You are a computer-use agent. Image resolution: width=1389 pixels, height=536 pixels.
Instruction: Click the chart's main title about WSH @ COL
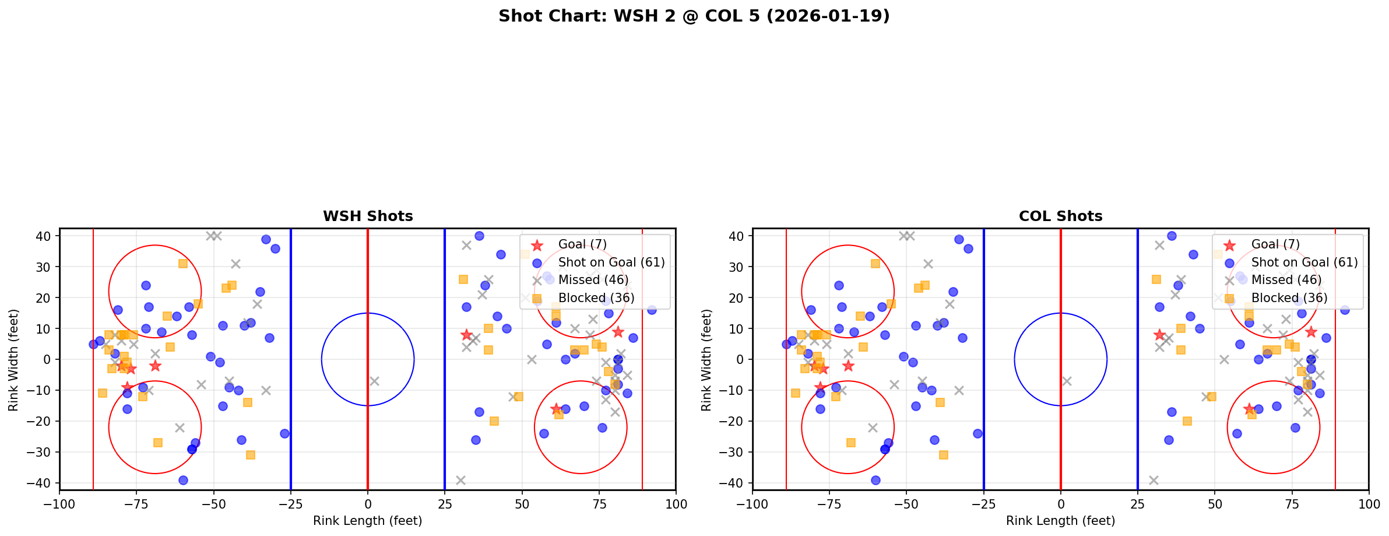point(694,16)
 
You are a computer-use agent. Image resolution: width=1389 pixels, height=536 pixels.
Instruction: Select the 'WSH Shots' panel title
point(368,216)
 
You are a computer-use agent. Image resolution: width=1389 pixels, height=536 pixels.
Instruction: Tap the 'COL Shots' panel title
point(1060,216)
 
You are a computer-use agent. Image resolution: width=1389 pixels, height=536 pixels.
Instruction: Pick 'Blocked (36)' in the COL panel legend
point(1289,298)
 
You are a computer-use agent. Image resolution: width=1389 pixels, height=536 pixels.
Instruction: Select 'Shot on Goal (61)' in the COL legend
point(1304,262)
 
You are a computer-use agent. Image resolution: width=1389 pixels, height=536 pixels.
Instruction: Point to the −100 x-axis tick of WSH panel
point(59,503)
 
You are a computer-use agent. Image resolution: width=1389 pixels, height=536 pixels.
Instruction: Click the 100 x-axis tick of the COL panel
point(1368,503)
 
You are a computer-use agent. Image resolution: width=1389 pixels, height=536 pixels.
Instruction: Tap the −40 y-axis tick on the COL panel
point(736,483)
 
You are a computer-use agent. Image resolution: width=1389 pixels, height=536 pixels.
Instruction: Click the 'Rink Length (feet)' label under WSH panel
point(367,521)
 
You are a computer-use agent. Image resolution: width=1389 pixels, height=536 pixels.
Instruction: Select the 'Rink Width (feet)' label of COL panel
point(706,360)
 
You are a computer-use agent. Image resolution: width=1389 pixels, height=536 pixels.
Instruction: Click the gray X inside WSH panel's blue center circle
point(374,381)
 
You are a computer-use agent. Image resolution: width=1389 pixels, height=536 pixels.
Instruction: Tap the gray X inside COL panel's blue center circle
point(1067,381)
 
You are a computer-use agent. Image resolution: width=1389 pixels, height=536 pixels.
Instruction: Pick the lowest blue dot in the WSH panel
point(183,480)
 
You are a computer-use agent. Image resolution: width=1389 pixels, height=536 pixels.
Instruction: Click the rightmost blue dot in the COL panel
point(1344,310)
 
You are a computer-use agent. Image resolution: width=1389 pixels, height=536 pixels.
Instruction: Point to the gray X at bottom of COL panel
point(1153,480)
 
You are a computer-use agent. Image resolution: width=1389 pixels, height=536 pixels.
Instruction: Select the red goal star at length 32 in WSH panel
point(466,335)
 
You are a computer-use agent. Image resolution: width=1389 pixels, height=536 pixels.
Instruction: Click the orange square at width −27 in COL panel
point(850,443)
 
